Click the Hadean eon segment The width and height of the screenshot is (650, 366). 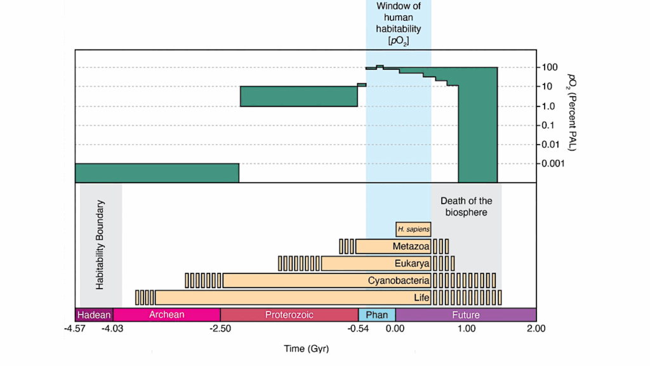pyautogui.click(x=94, y=315)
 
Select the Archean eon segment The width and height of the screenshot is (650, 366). pyautogui.click(x=166, y=315)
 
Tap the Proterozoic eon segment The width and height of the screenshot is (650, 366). pyautogui.click(x=289, y=315)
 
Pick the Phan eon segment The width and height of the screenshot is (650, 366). pyautogui.click(x=377, y=315)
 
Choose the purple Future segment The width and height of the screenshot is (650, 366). pyautogui.click(x=466, y=315)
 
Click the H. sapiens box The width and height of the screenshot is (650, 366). pyautogui.click(x=413, y=229)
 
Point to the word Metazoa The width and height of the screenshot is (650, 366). pyautogui.click(x=411, y=246)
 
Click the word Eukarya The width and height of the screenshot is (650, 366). pyautogui.click(x=412, y=263)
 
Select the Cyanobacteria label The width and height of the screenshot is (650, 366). pyautogui.click(x=399, y=280)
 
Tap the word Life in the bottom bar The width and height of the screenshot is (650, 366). pyautogui.click(x=421, y=297)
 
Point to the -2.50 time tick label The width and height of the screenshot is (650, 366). pyautogui.click(x=220, y=329)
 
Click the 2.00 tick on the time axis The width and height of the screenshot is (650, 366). pyautogui.click(x=536, y=329)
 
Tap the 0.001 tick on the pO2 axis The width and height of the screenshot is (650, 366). pyautogui.click(x=555, y=163)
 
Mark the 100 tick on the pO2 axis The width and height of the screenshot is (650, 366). pyautogui.click(x=550, y=67)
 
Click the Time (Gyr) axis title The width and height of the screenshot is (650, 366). pyautogui.click(x=306, y=349)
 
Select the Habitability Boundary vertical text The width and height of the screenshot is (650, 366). pyautogui.click(x=100, y=245)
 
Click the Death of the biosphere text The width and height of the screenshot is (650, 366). pyautogui.click(x=466, y=206)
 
